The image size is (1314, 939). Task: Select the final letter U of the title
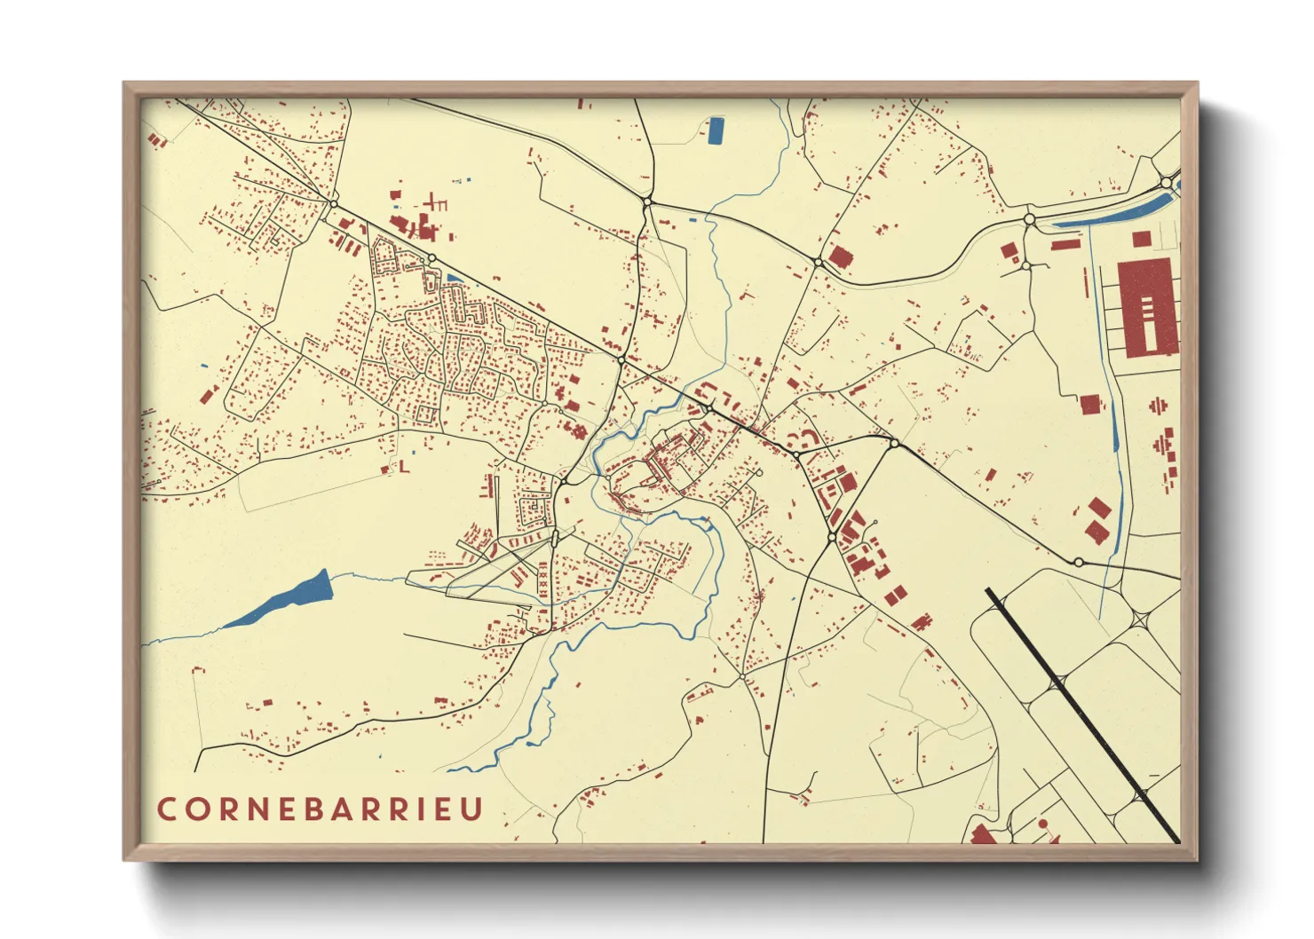click(473, 809)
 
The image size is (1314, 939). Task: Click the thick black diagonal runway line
click(1083, 715)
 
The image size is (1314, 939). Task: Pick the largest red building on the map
click(1147, 309)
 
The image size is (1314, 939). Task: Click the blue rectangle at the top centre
click(716, 130)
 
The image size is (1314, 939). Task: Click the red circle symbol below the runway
click(1042, 824)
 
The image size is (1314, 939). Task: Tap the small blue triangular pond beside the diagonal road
click(454, 279)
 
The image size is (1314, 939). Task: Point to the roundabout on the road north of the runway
click(1078, 562)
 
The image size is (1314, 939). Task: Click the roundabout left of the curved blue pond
click(1030, 218)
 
